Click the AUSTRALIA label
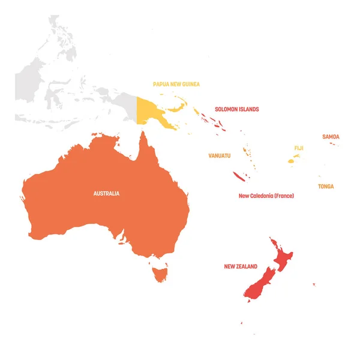(106, 193)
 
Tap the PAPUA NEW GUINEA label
(176, 85)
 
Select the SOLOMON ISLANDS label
(237, 109)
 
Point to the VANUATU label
(219, 155)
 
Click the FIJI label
(299, 148)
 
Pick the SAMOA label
(331, 137)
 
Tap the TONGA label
(326, 187)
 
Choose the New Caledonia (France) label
(266, 196)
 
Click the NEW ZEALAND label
(241, 266)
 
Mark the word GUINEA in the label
(190, 85)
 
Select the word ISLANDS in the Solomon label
(247, 109)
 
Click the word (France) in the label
(284, 196)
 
